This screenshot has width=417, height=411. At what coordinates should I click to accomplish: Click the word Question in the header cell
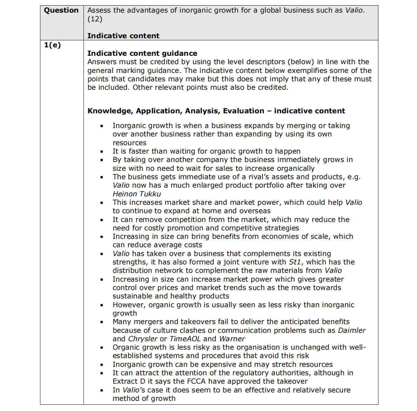(x=61, y=10)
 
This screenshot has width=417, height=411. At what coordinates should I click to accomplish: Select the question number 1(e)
(x=52, y=45)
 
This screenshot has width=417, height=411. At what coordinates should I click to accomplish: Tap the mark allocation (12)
(x=95, y=19)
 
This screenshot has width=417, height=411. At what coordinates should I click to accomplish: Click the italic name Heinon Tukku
(x=137, y=194)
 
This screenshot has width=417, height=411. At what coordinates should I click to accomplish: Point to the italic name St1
(x=295, y=262)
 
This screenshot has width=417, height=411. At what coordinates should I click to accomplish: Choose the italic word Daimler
(x=351, y=330)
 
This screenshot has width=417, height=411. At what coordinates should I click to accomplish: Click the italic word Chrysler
(x=143, y=339)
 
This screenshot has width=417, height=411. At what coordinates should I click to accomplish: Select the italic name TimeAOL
(x=185, y=339)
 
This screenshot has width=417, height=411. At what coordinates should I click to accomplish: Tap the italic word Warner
(x=232, y=339)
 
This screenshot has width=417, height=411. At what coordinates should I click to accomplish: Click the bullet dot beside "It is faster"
(x=102, y=151)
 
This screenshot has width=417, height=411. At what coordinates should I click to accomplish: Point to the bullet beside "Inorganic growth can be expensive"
(x=102, y=365)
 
